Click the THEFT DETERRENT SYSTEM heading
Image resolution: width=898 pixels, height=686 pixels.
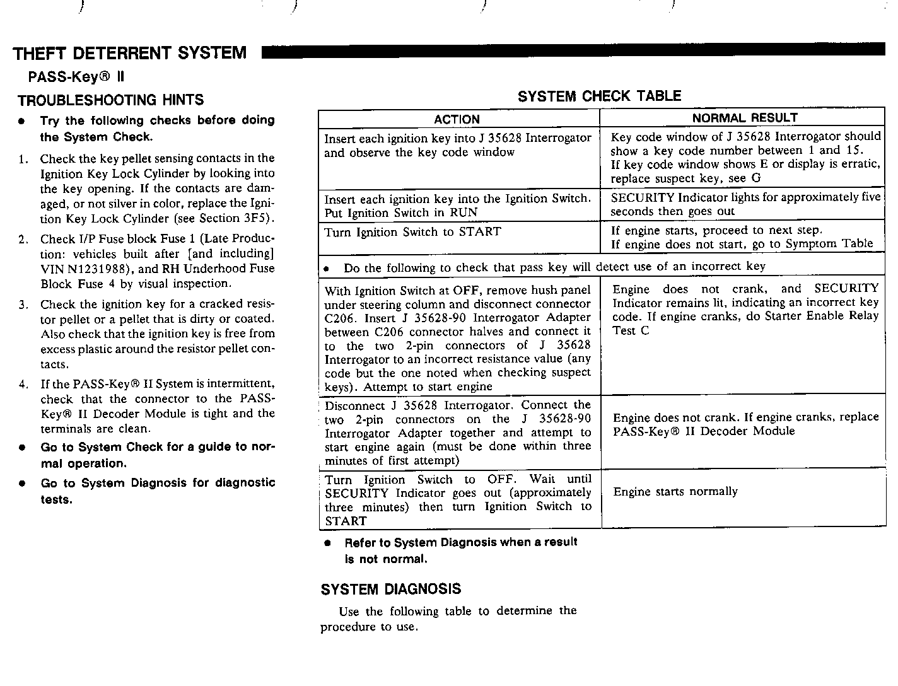point(130,53)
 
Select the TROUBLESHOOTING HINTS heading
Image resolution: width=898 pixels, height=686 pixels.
point(111,100)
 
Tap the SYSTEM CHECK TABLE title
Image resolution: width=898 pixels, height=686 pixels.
point(599,96)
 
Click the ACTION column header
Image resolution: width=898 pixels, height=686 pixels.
point(457,119)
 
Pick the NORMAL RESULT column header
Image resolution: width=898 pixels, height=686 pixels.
point(744,118)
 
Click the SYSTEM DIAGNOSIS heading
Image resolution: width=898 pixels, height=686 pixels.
point(391,590)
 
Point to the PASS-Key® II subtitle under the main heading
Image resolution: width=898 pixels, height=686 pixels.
point(76,77)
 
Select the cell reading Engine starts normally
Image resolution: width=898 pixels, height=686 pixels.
point(675,492)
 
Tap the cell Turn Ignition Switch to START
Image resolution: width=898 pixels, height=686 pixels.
point(412,232)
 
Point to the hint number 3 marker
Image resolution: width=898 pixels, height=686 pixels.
point(23,305)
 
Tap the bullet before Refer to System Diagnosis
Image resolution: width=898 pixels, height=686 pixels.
point(327,544)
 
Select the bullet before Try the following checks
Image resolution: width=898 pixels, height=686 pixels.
point(23,121)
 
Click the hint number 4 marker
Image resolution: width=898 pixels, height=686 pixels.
point(23,385)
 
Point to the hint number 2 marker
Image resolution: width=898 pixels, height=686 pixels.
point(23,240)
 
